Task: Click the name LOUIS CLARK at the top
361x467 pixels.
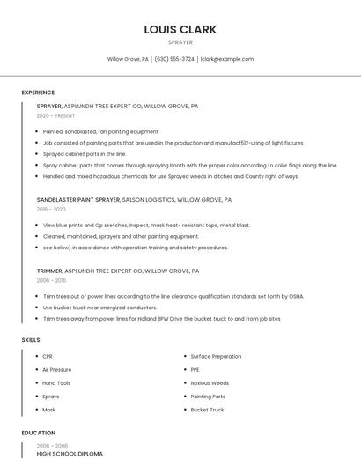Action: point(180,29)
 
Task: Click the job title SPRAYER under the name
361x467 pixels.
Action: point(180,41)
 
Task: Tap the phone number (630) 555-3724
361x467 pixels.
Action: point(175,59)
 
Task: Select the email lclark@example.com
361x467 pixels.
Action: point(227,59)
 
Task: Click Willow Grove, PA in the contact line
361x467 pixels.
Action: point(128,59)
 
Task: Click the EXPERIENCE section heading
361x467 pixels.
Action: point(38,93)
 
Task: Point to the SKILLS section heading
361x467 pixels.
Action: point(31,340)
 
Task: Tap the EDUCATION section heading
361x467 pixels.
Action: point(39,434)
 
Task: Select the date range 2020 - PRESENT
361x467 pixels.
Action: point(55,116)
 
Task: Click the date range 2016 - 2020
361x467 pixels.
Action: point(51,210)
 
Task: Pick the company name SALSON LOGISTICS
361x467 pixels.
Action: point(153,200)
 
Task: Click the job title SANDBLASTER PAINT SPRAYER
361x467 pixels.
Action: point(78,200)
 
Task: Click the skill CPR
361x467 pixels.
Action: point(48,356)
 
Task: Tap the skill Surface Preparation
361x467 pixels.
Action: point(216,356)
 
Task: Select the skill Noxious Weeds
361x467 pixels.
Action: point(210,383)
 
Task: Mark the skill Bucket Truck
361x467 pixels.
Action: point(207,410)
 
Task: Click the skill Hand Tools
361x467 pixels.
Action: point(56,383)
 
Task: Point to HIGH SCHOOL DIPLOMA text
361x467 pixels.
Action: point(70,454)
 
